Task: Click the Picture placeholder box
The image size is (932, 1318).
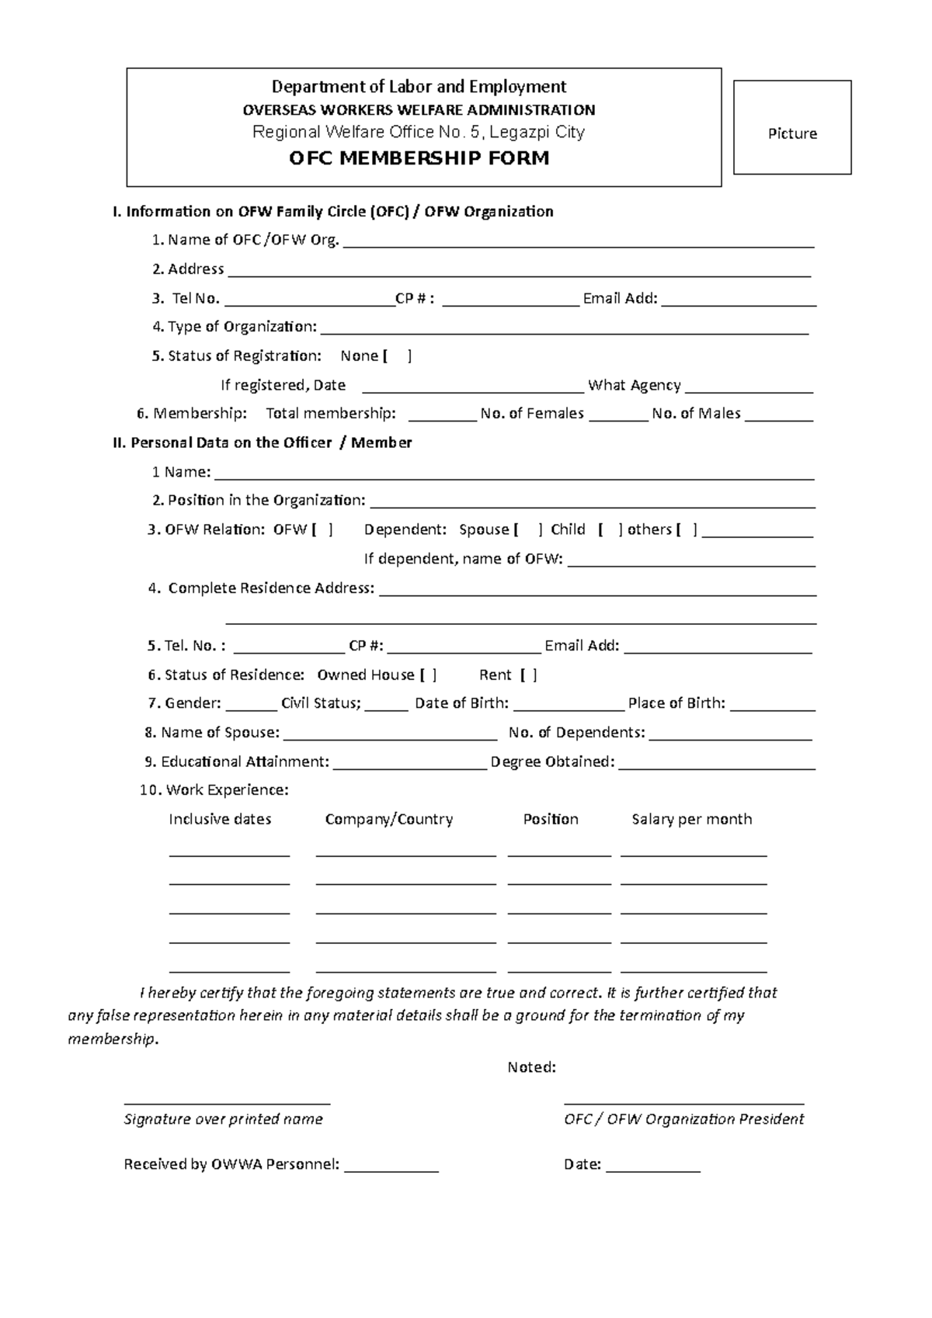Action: click(792, 127)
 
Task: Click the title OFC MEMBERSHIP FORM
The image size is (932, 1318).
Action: click(419, 159)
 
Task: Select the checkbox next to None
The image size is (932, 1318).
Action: click(398, 356)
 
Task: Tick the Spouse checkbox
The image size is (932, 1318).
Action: click(528, 530)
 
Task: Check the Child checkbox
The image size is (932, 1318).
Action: click(610, 530)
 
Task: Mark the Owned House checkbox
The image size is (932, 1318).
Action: click(428, 675)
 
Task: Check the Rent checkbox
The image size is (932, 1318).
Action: click(529, 675)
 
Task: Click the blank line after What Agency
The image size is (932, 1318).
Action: click(749, 390)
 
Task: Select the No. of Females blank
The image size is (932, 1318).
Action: click(618, 418)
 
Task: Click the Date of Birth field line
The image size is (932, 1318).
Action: click(569, 707)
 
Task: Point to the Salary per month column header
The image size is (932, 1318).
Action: click(691, 819)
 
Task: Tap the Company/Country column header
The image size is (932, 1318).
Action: click(388, 819)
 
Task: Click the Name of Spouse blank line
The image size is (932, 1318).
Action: click(391, 737)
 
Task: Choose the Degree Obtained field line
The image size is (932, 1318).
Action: click(717, 766)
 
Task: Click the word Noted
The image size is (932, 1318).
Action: click(531, 1067)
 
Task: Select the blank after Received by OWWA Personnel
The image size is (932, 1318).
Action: click(391, 1168)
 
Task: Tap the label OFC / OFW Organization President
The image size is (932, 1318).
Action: click(683, 1119)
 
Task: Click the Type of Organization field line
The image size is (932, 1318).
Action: click(565, 331)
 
